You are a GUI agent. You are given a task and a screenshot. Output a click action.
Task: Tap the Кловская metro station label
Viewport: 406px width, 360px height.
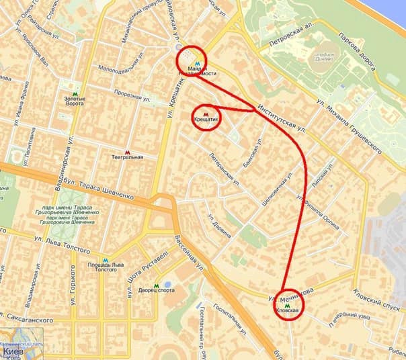[288, 311]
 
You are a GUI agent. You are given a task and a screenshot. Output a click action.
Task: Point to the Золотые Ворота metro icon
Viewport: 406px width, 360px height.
[75, 94]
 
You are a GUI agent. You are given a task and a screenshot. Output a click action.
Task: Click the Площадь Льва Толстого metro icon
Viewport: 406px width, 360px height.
[105, 259]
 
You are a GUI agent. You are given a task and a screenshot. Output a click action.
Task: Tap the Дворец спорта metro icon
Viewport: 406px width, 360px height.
[157, 284]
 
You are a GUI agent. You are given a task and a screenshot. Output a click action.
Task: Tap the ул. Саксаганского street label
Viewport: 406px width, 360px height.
[27, 322]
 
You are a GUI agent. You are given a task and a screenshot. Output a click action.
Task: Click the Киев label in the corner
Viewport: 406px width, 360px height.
[14, 351]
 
